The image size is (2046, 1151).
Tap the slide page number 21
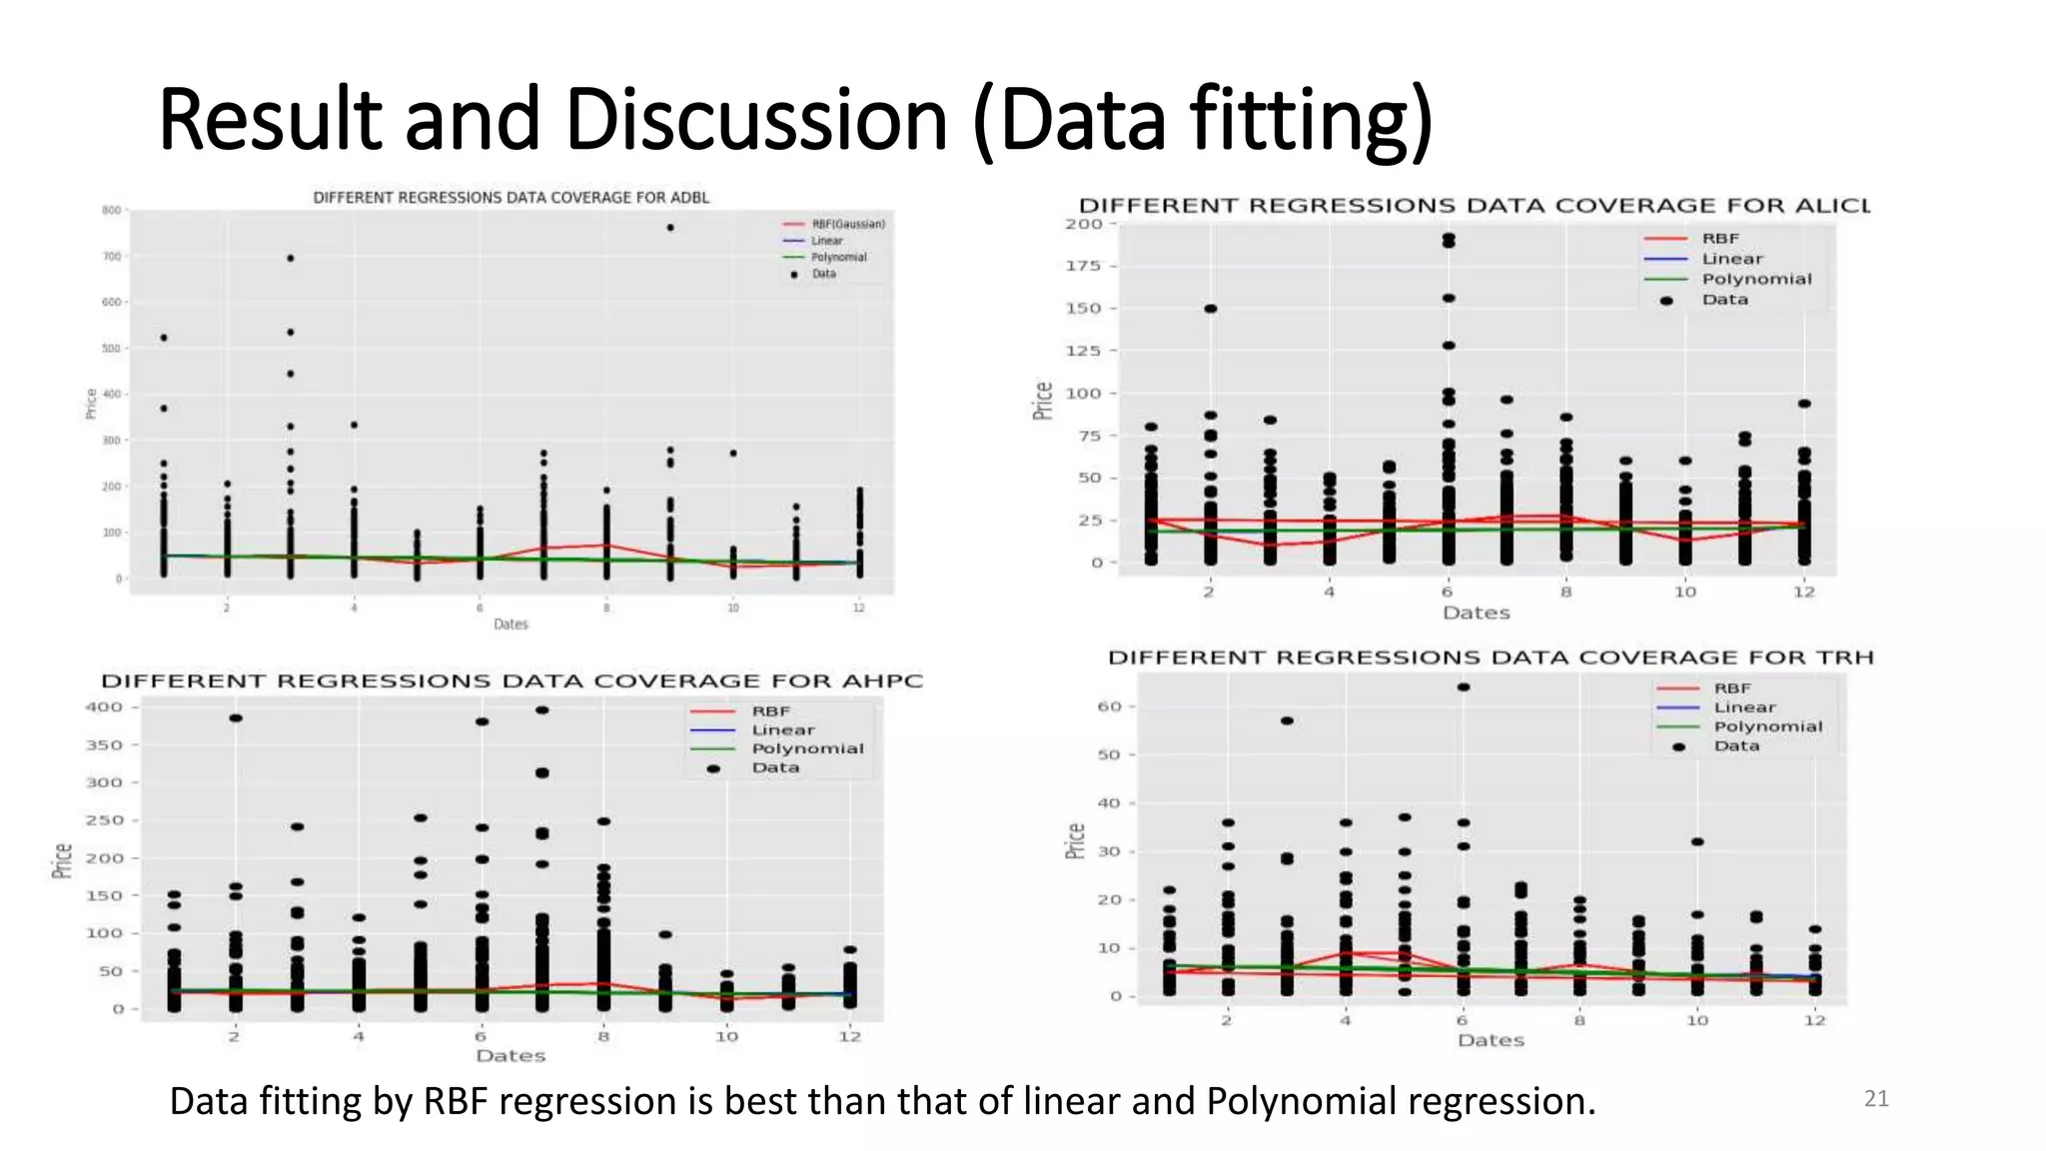pyautogui.click(x=1876, y=1099)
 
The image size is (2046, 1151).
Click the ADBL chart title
pyautogui.click(x=511, y=198)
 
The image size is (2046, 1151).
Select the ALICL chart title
pyautogui.click(x=1474, y=206)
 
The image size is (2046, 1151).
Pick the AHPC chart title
pyautogui.click(x=511, y=681)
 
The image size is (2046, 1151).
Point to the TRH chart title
pyautogui.click(x=1491, y=657)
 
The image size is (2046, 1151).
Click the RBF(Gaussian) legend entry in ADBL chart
pyautogui.click(x=847, y=224)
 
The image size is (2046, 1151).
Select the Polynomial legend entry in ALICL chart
pyautogui.click(x=1755, y=279)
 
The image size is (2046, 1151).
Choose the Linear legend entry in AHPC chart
pyautogui.click(x=782, y=730)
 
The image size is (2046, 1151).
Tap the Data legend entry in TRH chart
pyautogui.click(x=1735, y=746)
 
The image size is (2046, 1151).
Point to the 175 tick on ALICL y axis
pyautogui.click(x=1083, y=266)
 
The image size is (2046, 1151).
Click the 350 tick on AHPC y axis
pyautogui.click(x=103, y=745)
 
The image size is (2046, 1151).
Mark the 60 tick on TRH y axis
pyautogui.click(x=1109, y=706)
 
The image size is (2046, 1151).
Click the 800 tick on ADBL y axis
pyautogui.click(x=111, y=210)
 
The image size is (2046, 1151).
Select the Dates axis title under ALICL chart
pyautogui.click(x=1476, y=612)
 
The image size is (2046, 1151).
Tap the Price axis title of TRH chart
pyautogui.click(x=1075, y=840)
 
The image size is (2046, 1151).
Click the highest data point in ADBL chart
pyautogui.click(x=670, y=228)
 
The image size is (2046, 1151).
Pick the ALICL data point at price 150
pyautogui.click(x=1211, y=309)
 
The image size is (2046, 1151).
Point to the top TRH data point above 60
pyautogui.click(x=1464, y=687)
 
